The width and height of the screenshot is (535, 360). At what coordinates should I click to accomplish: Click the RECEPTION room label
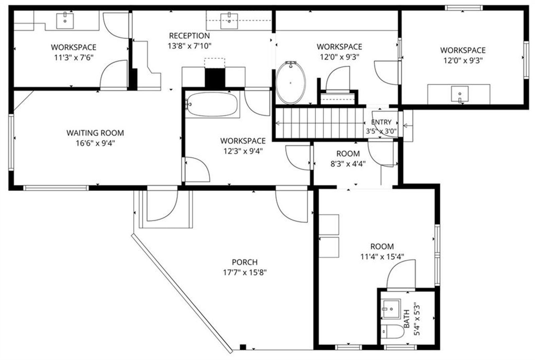tap(189, 36)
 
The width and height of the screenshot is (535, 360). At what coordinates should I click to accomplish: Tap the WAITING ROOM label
tap(95, 133)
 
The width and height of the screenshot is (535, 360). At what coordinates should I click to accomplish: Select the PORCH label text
tap(245, 262)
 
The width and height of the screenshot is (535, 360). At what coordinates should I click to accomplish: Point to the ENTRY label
tap(381, 122)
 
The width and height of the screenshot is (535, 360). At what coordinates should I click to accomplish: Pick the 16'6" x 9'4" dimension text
tap(96, 143)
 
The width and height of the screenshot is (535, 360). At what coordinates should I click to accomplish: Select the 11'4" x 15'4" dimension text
tap(382, 257)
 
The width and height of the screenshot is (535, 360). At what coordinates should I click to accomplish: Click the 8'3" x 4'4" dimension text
tap(348, 164)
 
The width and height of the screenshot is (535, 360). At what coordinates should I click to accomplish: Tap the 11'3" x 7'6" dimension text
tap(74, 58)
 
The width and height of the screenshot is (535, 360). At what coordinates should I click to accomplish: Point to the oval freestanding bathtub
tap(291, 82)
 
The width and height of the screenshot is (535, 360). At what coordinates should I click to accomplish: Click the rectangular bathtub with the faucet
tap(212, 104)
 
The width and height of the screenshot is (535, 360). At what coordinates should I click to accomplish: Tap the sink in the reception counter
tap(229, 21)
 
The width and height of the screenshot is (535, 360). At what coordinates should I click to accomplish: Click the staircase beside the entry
tap(320, 123)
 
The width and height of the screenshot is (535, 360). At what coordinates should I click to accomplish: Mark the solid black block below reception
tap(215, 78)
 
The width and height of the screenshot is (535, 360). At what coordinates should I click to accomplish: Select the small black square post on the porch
tap(243, 347)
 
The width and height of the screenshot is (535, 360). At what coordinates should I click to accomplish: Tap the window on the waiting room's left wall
tap(11, 142)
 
